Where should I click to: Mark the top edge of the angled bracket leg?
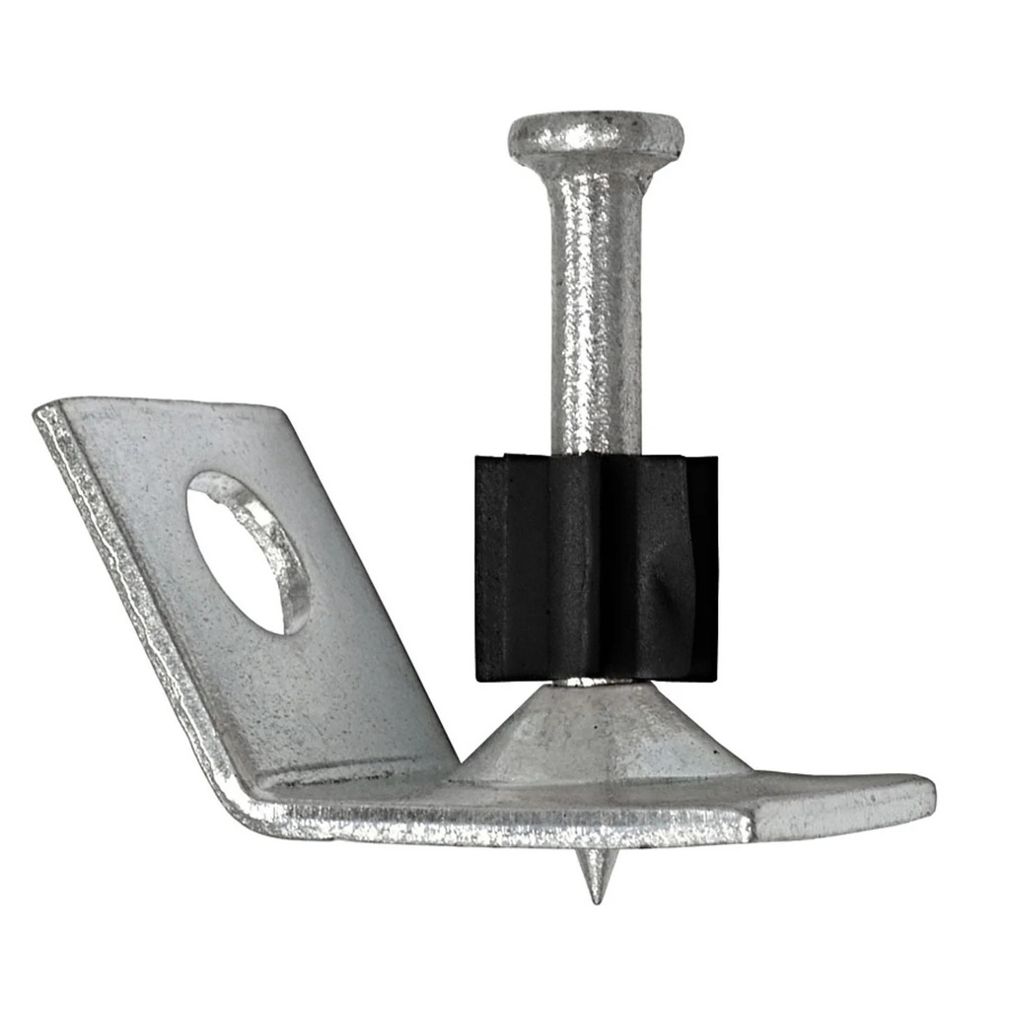click(168, 402)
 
